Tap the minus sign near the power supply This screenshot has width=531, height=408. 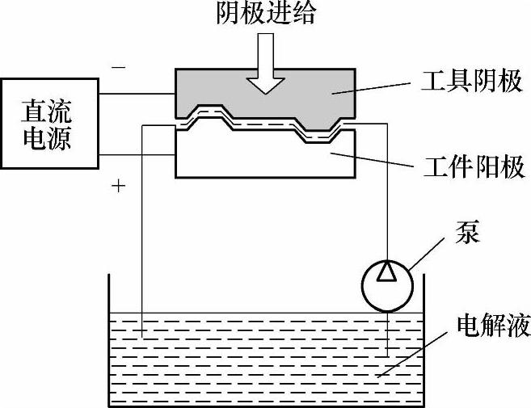tap(119, 68)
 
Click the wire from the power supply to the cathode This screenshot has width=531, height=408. tap(137, 92)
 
